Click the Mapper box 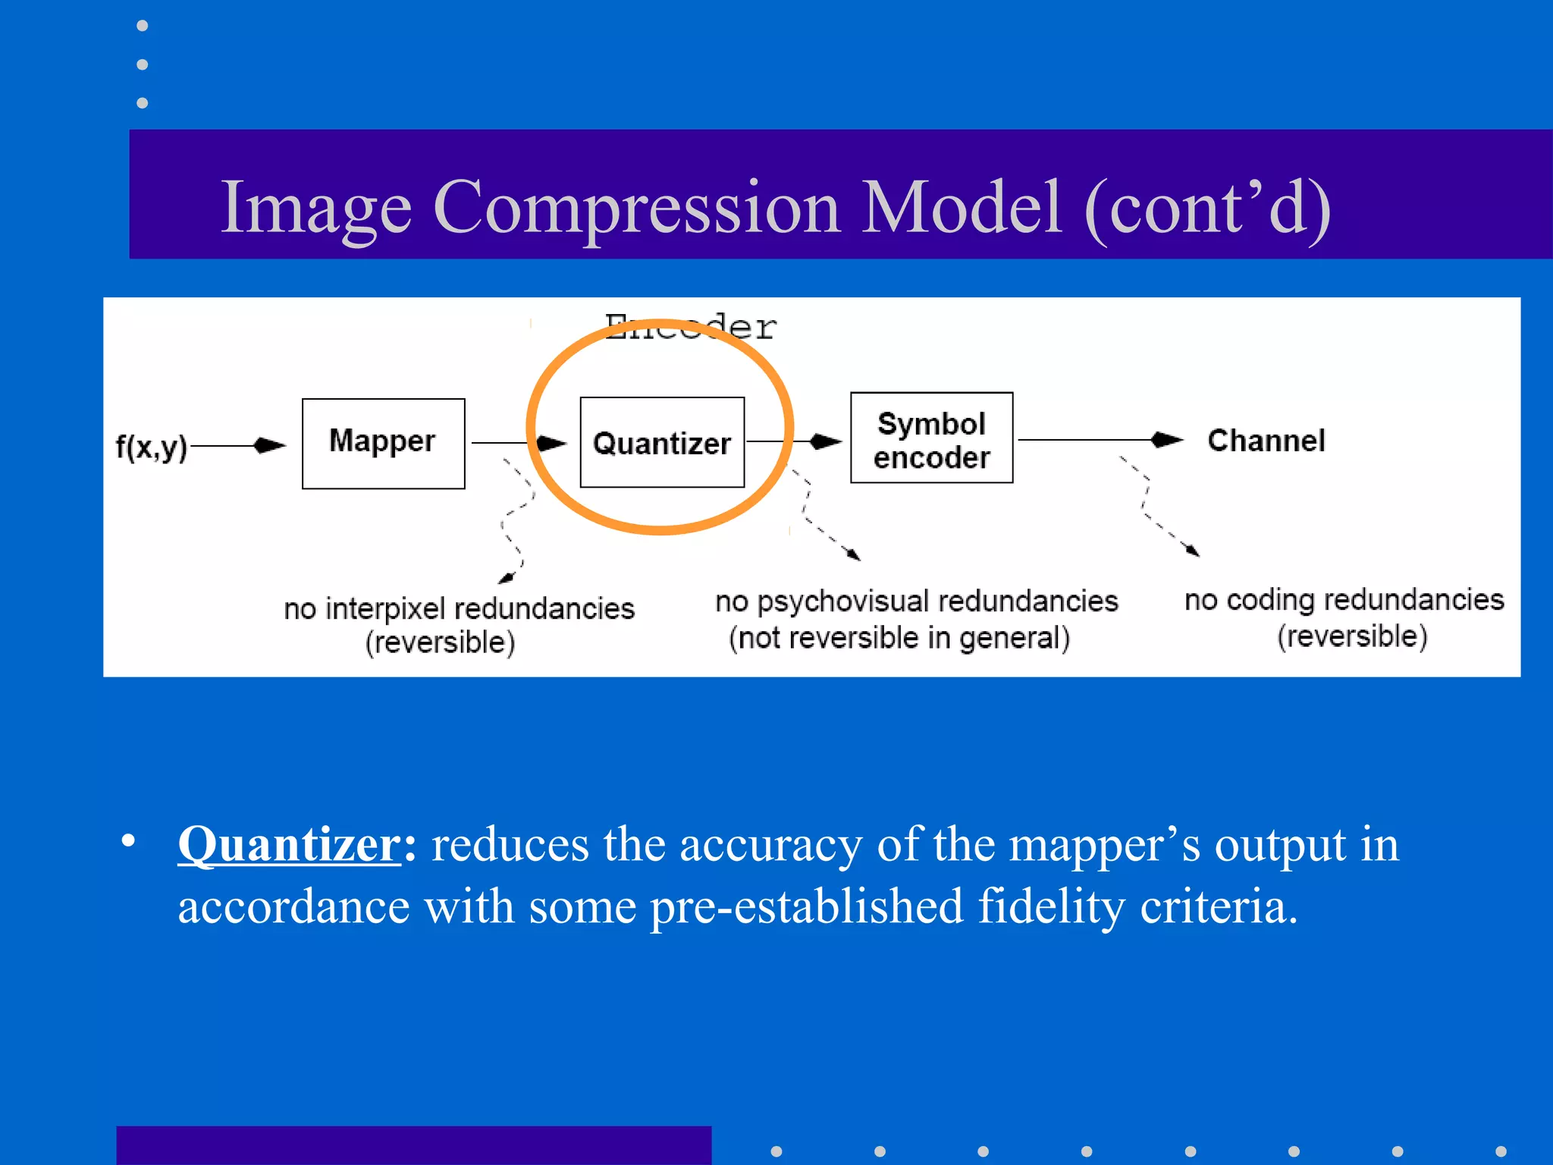tap(383, 444)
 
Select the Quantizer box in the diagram tap(662, 442)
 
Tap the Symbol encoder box tap(931, 438)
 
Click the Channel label tap(1266, 441)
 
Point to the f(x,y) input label tap(151, 446)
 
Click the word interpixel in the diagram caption tap(386, 609)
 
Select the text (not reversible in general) tap(899, 638)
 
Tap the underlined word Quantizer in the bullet tap(289, 844)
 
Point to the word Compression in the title tap(636, 207)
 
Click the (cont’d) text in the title tap(1208, 207)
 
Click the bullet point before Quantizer tap(128, 840)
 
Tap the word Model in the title tap(961, 207)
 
